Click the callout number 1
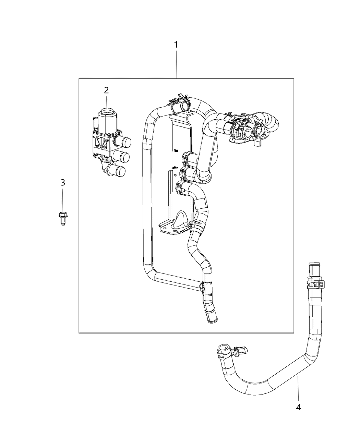176,45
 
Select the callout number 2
106,90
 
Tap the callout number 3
63,182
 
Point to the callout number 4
298,407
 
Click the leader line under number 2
106,101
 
